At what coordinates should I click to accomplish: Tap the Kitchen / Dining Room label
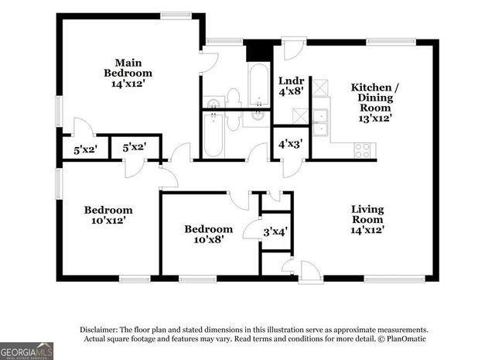tap(375, 98)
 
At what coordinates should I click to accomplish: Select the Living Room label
tap(367, 219)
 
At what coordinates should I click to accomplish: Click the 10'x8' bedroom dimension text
tap(208, 240)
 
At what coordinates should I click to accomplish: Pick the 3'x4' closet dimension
tap(276, 231)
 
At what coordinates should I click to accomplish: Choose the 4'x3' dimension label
tap(290, 142)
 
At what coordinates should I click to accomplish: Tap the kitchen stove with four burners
tap(362, 150)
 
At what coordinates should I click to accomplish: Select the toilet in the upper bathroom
tap(234, 98)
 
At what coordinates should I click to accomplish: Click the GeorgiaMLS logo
tap(27, 350)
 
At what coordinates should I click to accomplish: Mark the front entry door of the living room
tap(310, 272)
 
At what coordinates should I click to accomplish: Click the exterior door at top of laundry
tap(295, 48)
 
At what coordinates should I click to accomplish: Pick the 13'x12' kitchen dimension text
tap(375, 118)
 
